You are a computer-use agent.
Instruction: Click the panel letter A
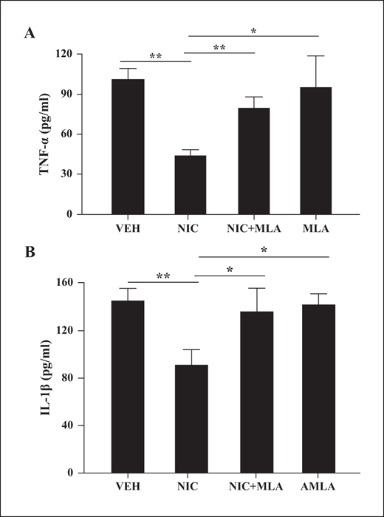30,33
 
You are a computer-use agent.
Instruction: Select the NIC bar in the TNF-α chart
191,185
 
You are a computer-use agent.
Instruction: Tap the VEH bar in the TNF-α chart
128,147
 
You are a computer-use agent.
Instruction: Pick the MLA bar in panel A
316,151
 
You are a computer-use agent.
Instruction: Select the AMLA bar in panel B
318,389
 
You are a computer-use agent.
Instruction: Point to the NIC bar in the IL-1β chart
191,419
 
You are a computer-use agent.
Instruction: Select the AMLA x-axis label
318,487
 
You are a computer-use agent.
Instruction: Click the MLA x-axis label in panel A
316,228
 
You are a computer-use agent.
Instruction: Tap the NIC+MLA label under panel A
254,228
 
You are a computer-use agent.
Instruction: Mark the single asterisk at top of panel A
253,31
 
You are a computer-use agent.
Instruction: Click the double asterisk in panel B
162,276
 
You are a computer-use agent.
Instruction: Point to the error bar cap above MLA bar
316,55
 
